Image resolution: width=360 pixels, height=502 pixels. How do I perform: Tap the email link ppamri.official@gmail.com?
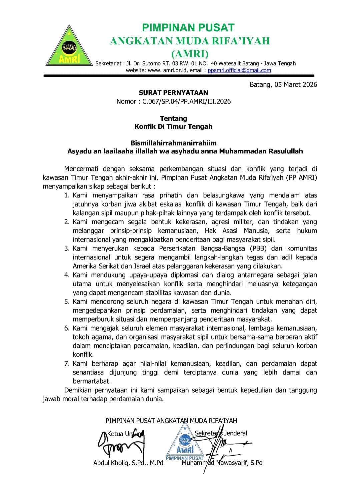[x=239, y=70]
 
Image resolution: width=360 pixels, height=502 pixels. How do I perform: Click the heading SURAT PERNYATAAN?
[x=173, y=93]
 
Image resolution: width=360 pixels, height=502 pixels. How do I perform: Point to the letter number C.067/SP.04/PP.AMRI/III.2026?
[x=186, y=101]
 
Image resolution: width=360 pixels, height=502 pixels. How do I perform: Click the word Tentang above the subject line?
[x=173, y=118]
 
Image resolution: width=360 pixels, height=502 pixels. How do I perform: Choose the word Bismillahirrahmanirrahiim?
[x=173, y=143]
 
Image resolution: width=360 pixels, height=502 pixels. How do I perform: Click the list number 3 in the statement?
[x=67, y=248]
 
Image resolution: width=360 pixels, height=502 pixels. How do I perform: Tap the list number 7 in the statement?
[x=67, y=364]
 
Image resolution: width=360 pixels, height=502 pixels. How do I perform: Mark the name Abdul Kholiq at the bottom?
[x=113, y=463]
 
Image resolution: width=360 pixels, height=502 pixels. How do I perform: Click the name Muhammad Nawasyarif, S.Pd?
[x=222, y=463]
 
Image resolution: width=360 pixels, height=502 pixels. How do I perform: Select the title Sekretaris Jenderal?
[x=221, y=433]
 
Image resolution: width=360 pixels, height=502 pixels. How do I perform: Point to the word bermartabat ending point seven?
[x=91, y=381]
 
